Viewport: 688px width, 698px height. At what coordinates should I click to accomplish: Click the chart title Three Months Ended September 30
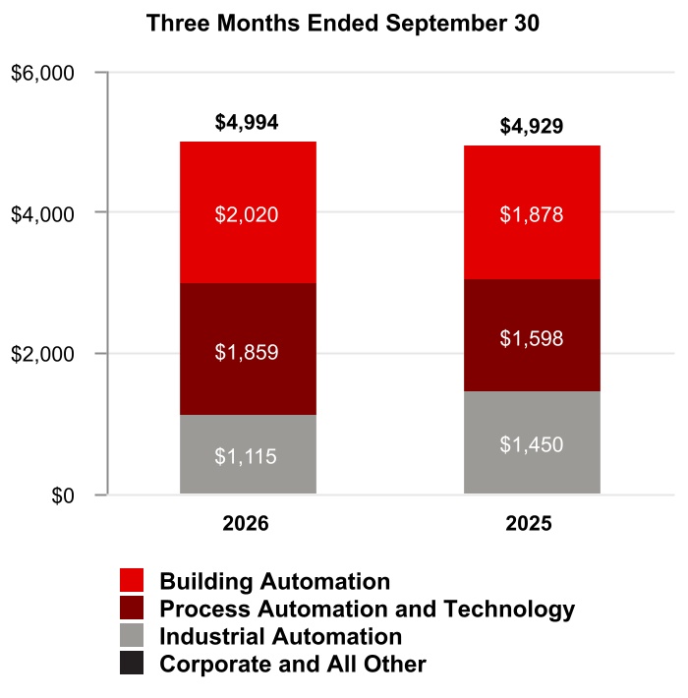coord(343,24)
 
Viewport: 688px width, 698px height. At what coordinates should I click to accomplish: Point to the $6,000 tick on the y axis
coord(42,73)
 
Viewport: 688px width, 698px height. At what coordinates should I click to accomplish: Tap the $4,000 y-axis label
coord(42,214)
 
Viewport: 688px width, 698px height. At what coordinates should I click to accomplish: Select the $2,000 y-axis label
coord(42,354)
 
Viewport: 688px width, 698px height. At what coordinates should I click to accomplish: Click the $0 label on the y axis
coord(63,495)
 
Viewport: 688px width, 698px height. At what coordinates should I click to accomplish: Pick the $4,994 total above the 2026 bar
coord(247,122)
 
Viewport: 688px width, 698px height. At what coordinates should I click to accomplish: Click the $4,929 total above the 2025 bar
coord(532,126)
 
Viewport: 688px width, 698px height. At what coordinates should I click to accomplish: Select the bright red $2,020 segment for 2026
coord(248,212)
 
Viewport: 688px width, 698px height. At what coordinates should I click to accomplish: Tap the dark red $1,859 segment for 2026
coord(248,349)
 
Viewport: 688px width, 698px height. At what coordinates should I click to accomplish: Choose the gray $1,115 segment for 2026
coord(248,454)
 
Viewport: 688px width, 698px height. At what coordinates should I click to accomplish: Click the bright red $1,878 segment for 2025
coord(533,212)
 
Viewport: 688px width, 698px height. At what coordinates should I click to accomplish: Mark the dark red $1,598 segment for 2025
coord(533,335)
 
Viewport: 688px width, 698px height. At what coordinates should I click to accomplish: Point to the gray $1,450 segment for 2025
coord(533,442)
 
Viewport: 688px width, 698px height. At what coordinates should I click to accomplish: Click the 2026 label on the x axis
coord(246,523)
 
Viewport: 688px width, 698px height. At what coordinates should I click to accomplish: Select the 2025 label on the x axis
coord(529,523)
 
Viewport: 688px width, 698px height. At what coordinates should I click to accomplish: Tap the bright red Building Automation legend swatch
coord(132,580)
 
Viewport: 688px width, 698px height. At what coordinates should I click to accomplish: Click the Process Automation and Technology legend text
coord(368,610)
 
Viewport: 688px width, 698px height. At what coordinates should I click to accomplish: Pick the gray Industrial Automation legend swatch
coord(132,635)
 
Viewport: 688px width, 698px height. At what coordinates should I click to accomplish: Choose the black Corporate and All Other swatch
coord(132,663)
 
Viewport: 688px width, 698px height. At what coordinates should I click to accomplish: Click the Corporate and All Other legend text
coord(293,664)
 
